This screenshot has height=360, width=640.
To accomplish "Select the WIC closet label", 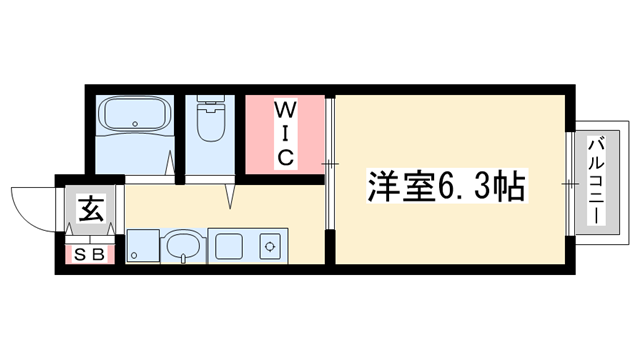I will click(284, 131).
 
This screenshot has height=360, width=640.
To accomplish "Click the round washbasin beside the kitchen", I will click(180, 246).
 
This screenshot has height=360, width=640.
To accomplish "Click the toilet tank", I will click(211, 105).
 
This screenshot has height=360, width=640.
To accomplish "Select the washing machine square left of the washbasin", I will click(141, 245).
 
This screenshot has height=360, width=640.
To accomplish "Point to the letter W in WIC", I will click(284, 106).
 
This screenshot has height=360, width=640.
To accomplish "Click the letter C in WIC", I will click(284, 156).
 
